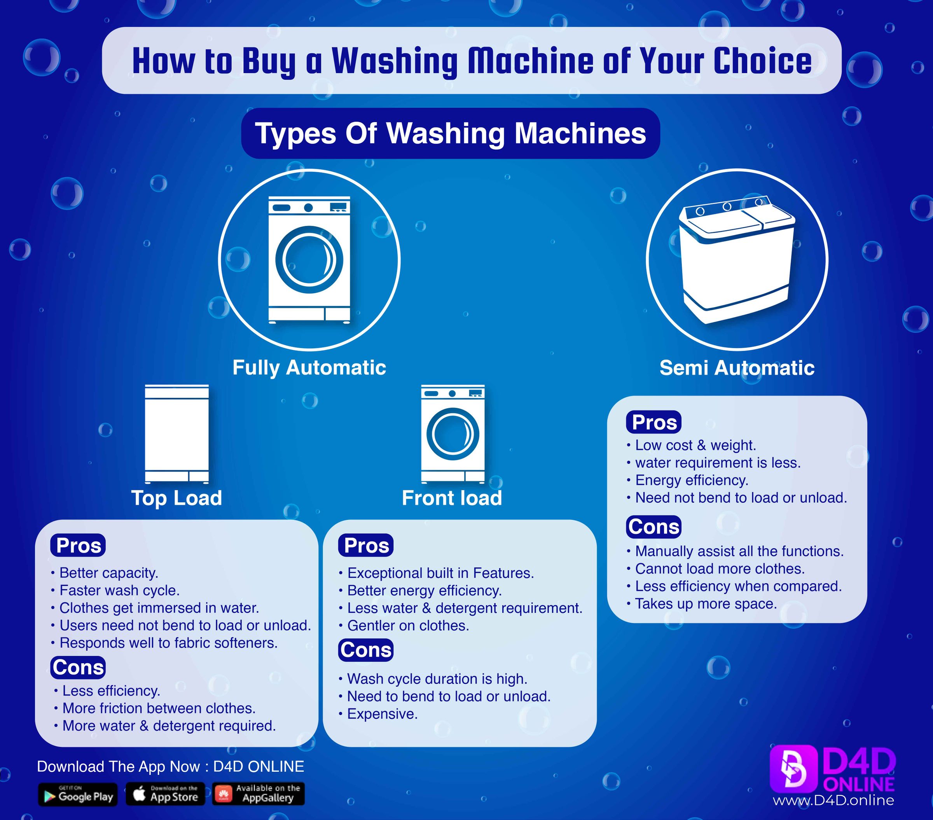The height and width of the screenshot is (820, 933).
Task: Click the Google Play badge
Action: (x=78, y=794)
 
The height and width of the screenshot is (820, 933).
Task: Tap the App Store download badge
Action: (x=165, y=794)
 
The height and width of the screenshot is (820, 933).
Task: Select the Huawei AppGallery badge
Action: (x=259, y=794)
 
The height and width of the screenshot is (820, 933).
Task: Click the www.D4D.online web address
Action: (x=833, y=801)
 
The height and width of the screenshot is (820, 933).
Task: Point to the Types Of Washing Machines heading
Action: (x=450, y=133)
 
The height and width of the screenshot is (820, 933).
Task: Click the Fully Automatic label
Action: (x=309, y=367)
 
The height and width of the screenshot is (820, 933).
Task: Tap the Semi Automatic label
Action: (x=737, y=367)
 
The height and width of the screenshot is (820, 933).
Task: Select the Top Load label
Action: (x=176, y=498)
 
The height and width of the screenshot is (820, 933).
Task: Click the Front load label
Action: (x=451, y=498)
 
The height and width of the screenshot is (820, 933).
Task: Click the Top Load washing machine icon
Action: (x=176, y=434)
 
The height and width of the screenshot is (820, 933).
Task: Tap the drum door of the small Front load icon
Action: (x=453, y=434)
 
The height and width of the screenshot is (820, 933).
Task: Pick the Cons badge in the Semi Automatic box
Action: (x=653, y=527)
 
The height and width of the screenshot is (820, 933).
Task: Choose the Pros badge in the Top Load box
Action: (x=78, y=545)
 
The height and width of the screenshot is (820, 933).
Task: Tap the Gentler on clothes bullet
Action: (x=408, y=626)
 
